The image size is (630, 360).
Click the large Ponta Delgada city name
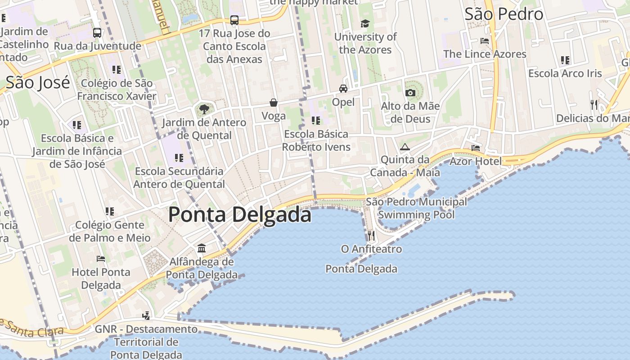pyautogui.click(x=239, y=215)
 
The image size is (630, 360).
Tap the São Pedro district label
pyautogui.click(x=504, y=14)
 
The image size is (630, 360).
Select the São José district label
pyautogui.click(x=38, y=83)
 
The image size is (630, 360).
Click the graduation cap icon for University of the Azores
pyautogui.click(x=365, y=23)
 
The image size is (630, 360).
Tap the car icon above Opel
pyautogui.click(x=343, y=89)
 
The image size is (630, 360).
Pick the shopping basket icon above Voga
pyautogui.click(x=274, y=103)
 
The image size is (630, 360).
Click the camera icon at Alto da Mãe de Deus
pyautogui.click(x=410, y=93)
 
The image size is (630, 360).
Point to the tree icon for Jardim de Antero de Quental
pyautogui.click(x=204, y=109)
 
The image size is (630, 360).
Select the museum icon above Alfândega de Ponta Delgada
pyautogui.click(x=202, y=248)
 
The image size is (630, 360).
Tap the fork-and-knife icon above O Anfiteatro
pyautogui.click(x=371, y=235)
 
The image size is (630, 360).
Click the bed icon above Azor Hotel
pyautogui.click(x=476, y=148)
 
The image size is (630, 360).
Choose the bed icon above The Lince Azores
pyautogui.click(x=485, y=41)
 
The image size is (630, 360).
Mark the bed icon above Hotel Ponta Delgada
pyautogui.click(x=101, y=259)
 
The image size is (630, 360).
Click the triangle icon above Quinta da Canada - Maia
pyautogui.click(x=405, y=147)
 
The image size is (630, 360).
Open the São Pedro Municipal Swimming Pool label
pyautogui.click(x=416, y=208)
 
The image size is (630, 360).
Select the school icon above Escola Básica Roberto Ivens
pyautogui.click(x=316, y=121)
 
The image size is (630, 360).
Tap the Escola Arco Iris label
pyautogui.click(x=565, y=73)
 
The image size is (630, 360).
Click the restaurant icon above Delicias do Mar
pyautogui.click(x=594, y=105)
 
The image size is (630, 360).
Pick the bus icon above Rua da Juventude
pyautogui.click(x=97, y=33)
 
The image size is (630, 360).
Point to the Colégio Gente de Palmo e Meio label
pyautogui.click(x=110, y=231)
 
